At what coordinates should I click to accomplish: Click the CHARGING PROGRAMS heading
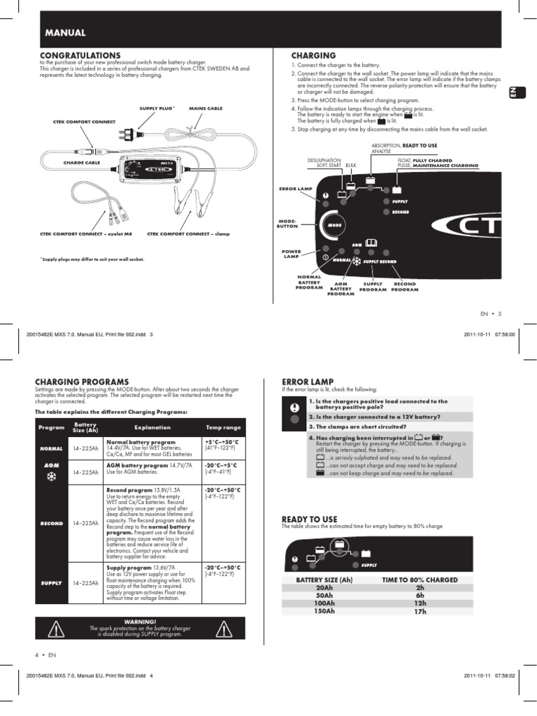coord(82,382)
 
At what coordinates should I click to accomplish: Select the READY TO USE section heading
coord(309,519)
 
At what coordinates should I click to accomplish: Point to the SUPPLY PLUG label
coord(156,108)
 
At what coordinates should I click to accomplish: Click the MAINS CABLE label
coord(206,108)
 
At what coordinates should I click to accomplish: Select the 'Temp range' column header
coord(222,427)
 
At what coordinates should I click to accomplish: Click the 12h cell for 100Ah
coord(420,603)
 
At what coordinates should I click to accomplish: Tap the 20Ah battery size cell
coord(324,588)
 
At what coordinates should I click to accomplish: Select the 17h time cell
coord(420,611)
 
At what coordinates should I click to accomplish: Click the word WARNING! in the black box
coord(140,621)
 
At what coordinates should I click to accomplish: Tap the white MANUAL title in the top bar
coord(65,32)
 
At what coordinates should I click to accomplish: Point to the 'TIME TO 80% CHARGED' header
coord(420,580)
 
